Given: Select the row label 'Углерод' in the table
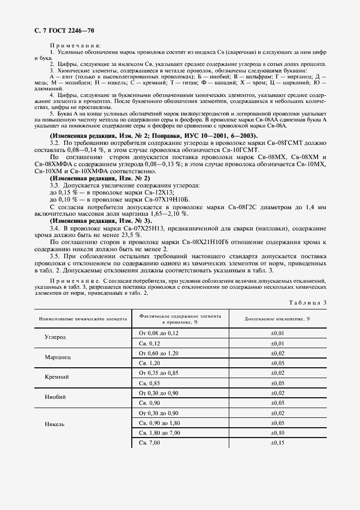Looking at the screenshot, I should coord(56,337).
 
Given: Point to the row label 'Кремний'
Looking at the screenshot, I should coord(56,377).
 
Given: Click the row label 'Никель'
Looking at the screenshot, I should coord(56,423).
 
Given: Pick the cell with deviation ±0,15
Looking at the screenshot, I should coord(278,442).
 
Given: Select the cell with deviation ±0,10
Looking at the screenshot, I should coord(278,433).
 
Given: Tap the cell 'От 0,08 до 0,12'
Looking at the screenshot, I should coord(159,332).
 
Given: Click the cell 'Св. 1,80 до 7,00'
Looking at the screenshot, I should coord(160,433).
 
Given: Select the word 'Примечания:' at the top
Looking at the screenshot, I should coord(72,45).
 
